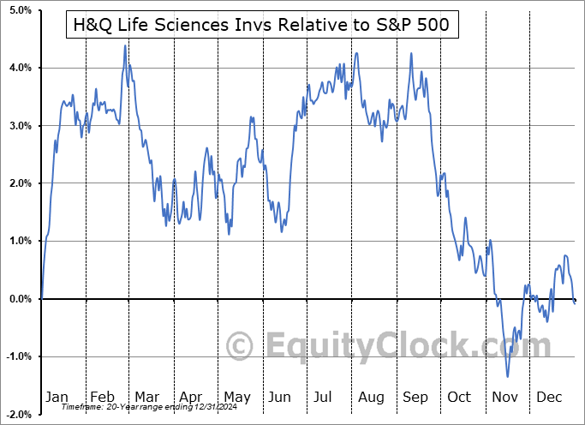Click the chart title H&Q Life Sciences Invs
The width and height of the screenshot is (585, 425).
262,27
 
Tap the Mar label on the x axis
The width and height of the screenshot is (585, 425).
146,398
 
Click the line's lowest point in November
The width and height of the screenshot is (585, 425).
507,376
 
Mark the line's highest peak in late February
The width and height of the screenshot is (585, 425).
125,45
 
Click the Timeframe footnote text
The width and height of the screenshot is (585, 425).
143,408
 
